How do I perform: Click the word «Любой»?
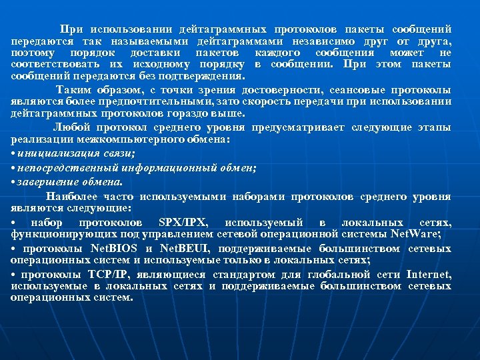[71, 127]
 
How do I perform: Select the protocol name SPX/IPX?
[183, 222]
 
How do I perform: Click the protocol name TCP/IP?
[111, 275]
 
